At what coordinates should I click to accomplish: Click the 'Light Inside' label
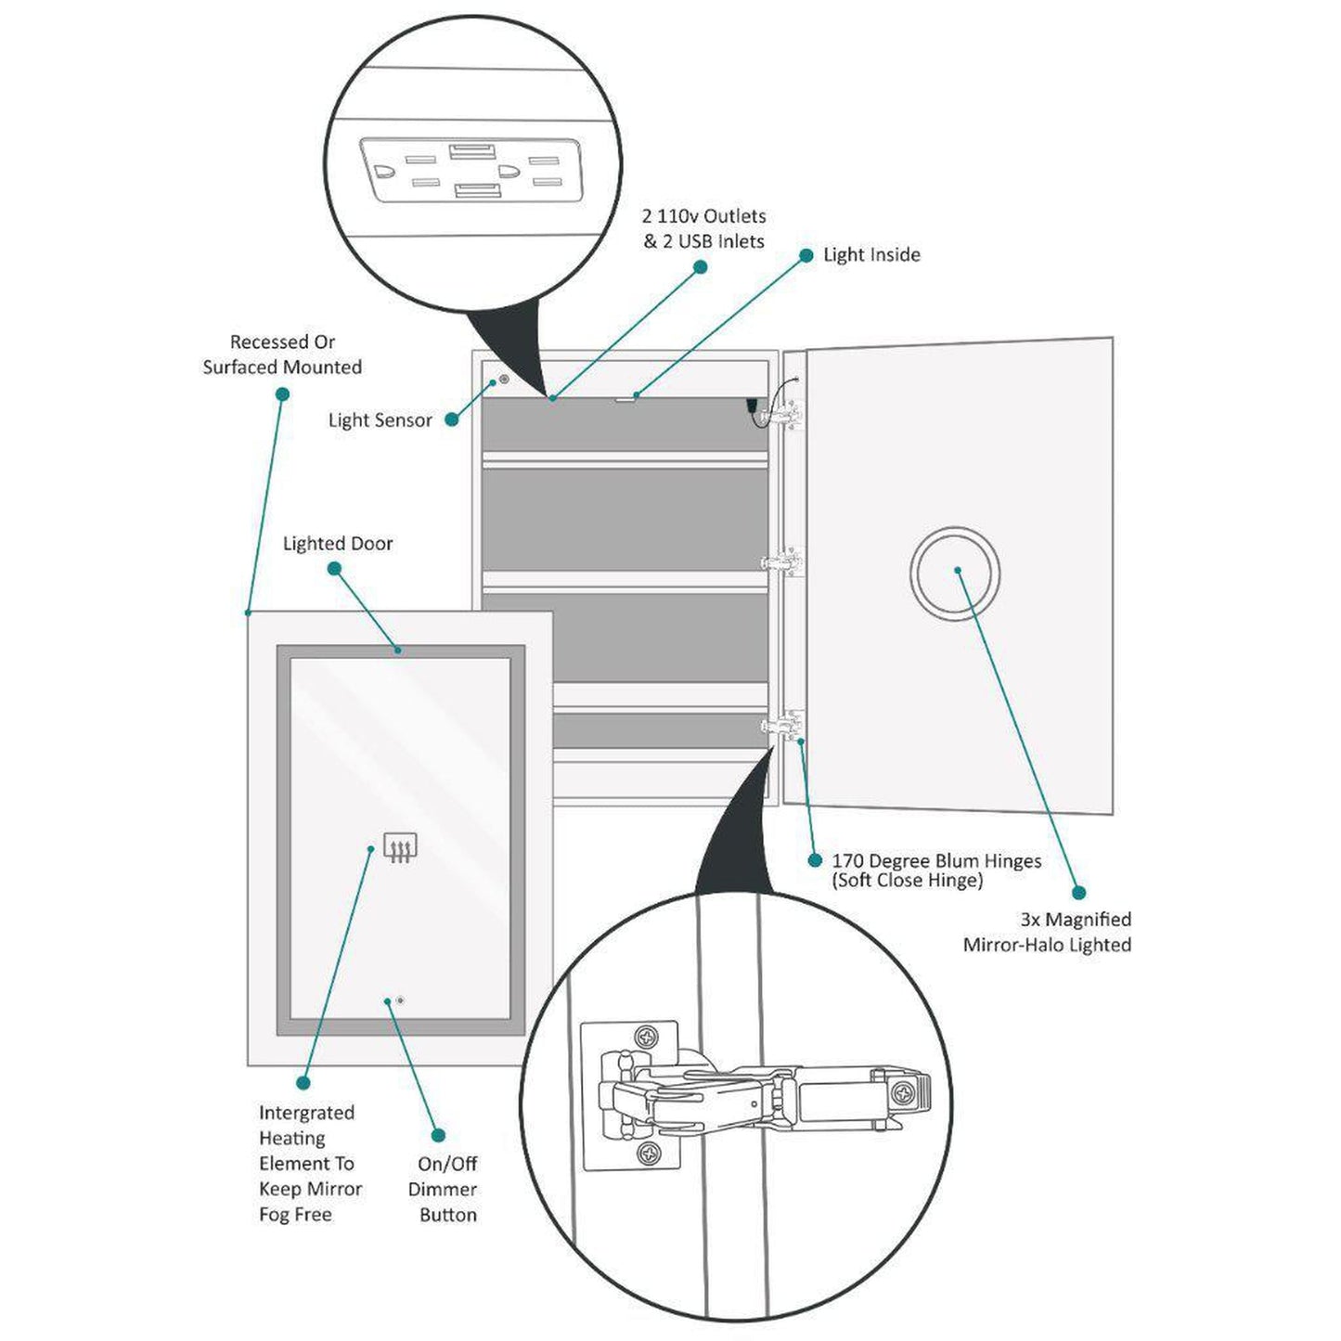point(871,255)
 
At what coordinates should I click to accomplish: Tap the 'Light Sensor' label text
point(380,420)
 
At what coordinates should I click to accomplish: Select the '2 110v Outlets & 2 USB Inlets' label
point(704,228)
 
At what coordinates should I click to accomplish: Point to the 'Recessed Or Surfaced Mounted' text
point(282,355)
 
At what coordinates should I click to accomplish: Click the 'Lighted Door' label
point(338,544)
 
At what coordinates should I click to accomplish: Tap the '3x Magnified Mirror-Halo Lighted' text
point(1048,932)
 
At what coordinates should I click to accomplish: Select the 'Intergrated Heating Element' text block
point(310,1163)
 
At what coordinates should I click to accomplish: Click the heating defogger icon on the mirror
point(400,847)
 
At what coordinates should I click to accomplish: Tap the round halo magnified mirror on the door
point(955,573)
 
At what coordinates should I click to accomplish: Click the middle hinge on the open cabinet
point(782,562)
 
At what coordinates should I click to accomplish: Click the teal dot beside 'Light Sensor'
point(452,419)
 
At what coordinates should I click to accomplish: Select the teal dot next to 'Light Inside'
point(806,255)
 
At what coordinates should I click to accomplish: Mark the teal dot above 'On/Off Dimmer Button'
point(438,1135)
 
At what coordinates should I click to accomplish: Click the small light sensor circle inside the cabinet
point(504,380)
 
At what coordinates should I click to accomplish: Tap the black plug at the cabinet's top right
point(753,406)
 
